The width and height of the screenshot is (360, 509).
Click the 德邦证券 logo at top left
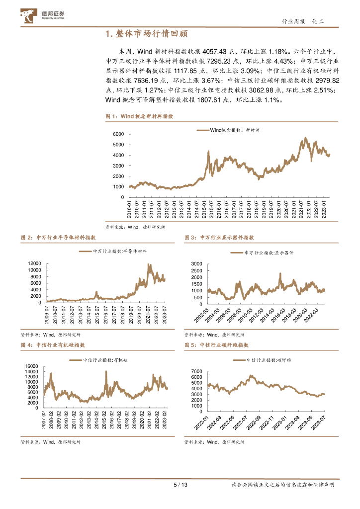42,16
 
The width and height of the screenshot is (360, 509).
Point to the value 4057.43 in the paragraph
213,51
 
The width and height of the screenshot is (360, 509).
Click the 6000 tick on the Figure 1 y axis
118,134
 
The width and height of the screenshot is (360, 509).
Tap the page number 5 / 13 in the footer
180,485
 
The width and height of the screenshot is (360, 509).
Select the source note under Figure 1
135,227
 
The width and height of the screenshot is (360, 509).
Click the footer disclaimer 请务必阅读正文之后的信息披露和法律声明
283,485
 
